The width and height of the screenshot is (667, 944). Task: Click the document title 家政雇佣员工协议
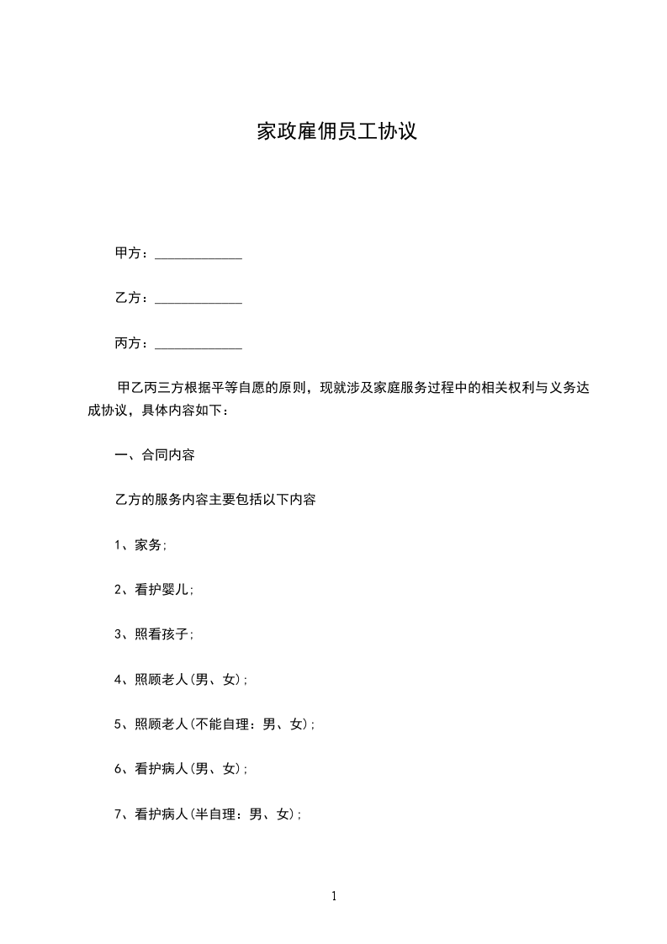point(336,132)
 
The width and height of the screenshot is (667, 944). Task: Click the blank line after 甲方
point(199,254)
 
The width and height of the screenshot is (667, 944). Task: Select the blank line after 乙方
point(199,299)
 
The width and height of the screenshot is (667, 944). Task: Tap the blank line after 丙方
point(199,344)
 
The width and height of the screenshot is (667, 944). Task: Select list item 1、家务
point(140,545)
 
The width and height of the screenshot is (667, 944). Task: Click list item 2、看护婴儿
point(154,590)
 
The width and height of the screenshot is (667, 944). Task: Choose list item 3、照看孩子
point(154,634)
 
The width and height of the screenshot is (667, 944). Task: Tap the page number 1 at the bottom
point(334,896)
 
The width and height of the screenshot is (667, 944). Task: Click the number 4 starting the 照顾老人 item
point(118,680)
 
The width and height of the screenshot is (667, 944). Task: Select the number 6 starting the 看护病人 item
point(118,769)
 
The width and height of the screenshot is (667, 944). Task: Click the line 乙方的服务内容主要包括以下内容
point(215,500)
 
